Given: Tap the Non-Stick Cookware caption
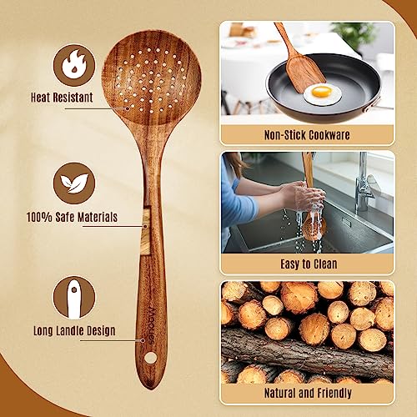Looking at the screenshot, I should point(306,134).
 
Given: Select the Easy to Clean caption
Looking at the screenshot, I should point(306,264).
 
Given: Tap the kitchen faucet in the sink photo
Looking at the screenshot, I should point(364,183).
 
